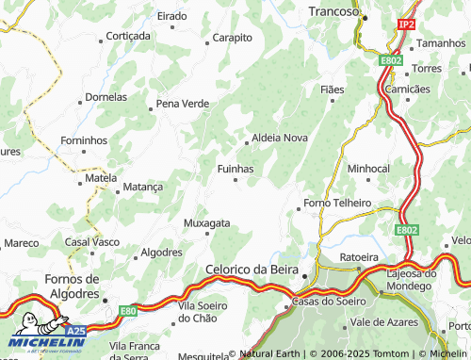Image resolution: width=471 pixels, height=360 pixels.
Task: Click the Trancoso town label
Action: pos(333,12)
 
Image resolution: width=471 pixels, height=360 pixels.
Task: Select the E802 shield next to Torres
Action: pos(392,60)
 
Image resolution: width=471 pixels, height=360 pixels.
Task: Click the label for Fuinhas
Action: pos(235,168)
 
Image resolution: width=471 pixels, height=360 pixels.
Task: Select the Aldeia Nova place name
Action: pos(277,138)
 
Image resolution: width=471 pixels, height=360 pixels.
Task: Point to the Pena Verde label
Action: pos(183,103)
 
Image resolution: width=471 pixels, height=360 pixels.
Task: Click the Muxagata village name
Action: pos(206,223)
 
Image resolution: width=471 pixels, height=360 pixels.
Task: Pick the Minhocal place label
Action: pos(368,168)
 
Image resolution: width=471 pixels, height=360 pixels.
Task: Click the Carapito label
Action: pos(233,38)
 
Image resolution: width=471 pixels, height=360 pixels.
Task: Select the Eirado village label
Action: pos(171,16)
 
